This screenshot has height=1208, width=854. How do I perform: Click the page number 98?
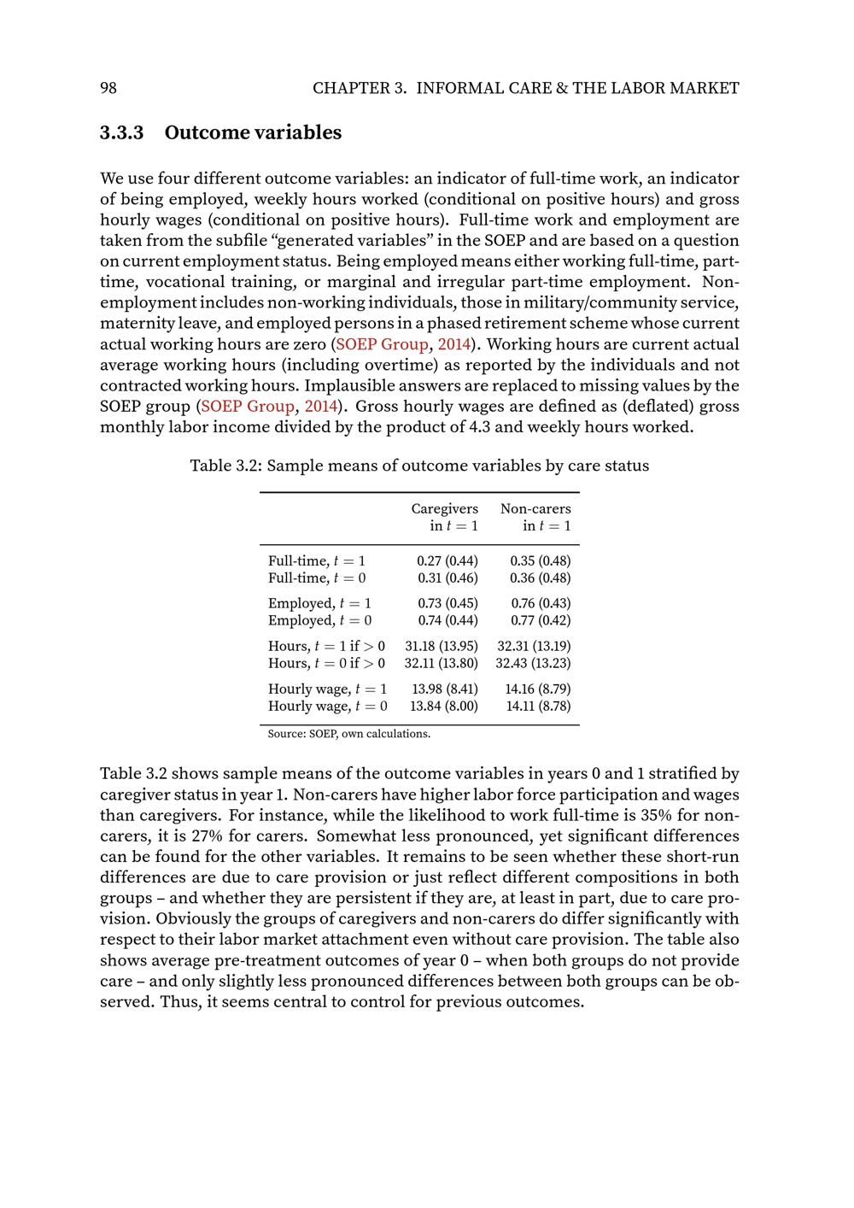click(x=108, y=88)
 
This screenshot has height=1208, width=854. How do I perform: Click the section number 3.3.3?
click(x=122, y=133)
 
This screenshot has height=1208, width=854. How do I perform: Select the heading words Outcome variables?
click(x=253, y=133)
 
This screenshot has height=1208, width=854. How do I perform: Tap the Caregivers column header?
click(x=444, y=509)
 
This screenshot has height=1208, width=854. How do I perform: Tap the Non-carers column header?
click(x=535, y=509)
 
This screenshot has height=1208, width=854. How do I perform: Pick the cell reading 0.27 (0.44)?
click(x=447, y=561)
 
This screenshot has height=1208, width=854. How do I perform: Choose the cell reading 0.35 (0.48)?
click(x=540, y=561)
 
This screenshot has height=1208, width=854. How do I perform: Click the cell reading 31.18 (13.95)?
click(x=441, y=647)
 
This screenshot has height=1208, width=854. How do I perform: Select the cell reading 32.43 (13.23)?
click(x=533, y=664)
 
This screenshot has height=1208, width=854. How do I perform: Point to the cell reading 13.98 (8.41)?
click(x=444, y=689)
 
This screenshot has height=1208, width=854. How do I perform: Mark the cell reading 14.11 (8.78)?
click(x=538, y=707)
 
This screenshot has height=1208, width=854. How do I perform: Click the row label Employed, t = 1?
click(x=319, y=604)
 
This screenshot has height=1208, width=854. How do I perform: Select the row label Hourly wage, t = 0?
click(x=327, y=707)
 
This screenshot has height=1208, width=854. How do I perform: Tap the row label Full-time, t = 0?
click(x=317, y=578)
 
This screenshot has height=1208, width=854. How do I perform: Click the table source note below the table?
click(x=348, y=734)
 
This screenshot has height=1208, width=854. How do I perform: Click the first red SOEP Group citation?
click(x=382, y=344)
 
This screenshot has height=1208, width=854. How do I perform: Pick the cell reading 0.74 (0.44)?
click(x=447, y=621)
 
